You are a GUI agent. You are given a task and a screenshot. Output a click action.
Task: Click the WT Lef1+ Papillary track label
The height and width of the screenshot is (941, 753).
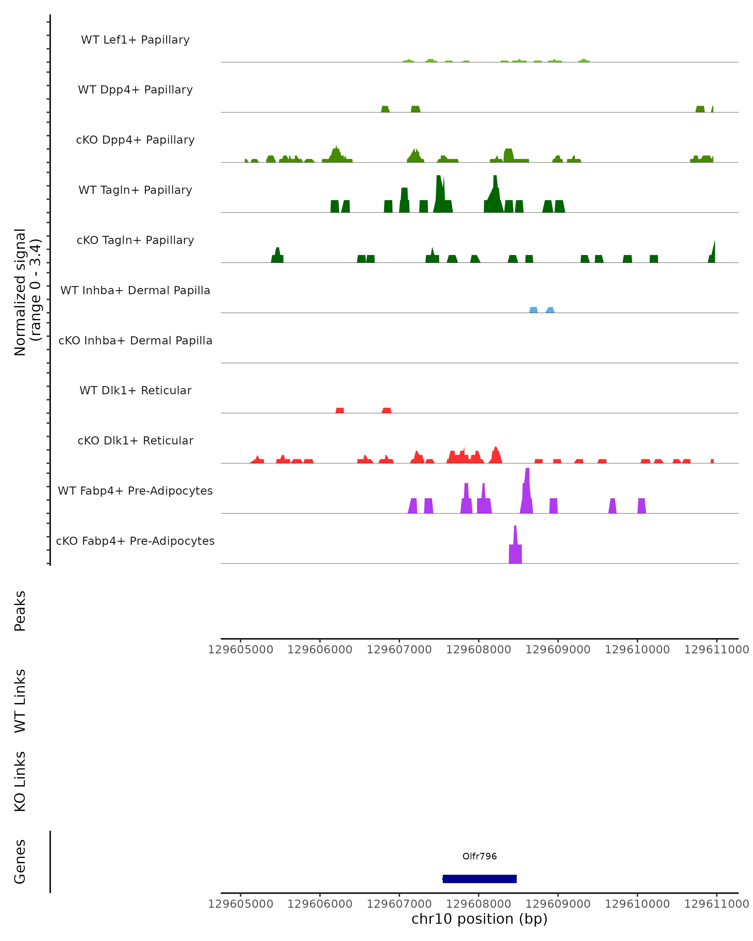(135, 40)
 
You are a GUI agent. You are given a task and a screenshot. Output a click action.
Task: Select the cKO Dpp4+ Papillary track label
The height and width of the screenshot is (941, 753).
(135, 140)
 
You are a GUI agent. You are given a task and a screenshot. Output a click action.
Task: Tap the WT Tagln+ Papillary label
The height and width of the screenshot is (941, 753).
(135, 190)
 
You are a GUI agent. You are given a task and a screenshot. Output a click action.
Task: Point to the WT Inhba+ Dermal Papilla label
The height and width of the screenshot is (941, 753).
(135, 291)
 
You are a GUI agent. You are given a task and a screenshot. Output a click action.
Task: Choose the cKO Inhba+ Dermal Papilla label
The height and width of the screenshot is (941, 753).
(135, 341)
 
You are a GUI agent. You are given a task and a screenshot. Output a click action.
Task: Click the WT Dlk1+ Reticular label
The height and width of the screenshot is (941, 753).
(135, 391)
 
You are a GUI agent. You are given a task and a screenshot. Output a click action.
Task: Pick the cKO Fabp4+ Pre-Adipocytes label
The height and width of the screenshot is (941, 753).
(135, 541)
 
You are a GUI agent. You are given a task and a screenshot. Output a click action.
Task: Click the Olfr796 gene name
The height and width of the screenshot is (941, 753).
(479, 856)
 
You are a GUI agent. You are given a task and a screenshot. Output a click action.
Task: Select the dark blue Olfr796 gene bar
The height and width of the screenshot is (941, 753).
(479, 879)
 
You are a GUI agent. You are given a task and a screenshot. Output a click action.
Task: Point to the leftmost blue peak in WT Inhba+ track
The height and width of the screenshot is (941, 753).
(533, 310)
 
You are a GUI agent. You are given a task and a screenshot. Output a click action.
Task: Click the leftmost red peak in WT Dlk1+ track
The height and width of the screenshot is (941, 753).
(339, 410)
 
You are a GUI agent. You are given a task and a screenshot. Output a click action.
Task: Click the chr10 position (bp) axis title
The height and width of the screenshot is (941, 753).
(479, 919)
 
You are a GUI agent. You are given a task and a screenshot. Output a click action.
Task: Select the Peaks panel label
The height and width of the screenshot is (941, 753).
(20, 611)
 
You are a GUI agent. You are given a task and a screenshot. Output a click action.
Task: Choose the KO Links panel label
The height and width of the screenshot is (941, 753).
(20, 782)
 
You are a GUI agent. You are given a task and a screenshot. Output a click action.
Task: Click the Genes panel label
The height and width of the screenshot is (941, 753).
(20, 862)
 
